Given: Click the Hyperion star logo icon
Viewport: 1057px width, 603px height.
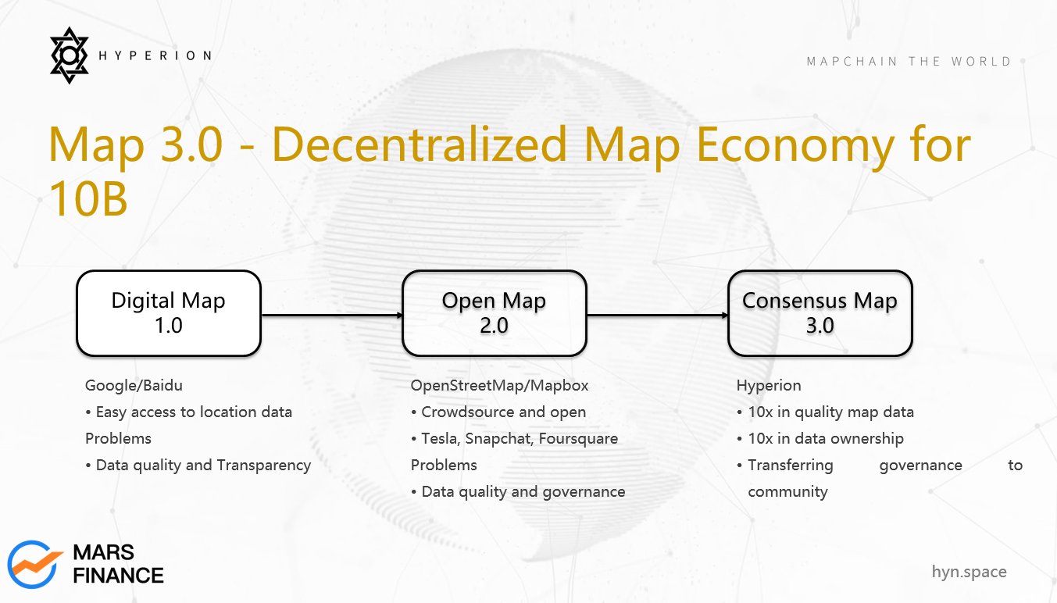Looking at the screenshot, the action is pos(70,55).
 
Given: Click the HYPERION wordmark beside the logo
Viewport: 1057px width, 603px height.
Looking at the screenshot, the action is pos(155,55).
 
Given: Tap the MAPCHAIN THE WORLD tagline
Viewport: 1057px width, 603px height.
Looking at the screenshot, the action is pos(909,62).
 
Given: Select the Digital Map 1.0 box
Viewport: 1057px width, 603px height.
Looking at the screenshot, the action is pos(169,313).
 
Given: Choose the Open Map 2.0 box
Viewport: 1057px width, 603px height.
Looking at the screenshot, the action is pos(494,313).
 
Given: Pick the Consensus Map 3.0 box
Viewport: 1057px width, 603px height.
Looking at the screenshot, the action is pos(820,313).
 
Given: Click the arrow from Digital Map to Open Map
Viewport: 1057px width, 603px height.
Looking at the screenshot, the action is pos(332,316).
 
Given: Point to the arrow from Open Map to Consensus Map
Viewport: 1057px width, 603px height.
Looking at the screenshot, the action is pos(657,316).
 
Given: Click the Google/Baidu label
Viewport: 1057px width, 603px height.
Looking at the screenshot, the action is pos(134,386).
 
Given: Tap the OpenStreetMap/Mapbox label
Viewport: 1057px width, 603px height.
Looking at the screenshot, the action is pos(499,386).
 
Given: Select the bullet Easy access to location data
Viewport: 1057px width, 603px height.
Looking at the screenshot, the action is pos(189,412).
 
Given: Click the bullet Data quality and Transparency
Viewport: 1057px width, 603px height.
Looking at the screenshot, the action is pos(198,466).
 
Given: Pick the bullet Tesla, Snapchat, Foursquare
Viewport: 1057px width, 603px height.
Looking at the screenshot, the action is pos(514,439).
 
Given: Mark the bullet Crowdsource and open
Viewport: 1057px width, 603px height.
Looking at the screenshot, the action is pos(498,412).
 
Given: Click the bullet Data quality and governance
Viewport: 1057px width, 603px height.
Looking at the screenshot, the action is pos(518,492).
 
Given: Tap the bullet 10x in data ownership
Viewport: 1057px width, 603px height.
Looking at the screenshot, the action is pos(820,439).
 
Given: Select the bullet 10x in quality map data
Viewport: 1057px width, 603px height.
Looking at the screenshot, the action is pos(825,412).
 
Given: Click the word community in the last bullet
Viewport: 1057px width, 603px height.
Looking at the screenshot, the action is pos(787,492).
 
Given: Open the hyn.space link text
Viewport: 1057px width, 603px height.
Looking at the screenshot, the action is pos(969,572).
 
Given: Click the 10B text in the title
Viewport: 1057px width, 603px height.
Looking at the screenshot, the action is pos(88,198).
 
